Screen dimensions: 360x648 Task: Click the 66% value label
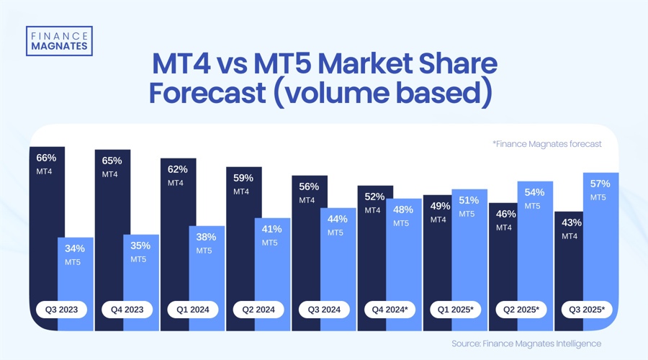tap(45, 157)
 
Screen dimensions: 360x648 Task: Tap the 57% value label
tap(600, 183)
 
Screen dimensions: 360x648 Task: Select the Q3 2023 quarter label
tap(61, 310)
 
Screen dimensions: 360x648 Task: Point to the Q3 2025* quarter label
tap(588, 310)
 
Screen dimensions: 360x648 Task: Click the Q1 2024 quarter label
tap(192, 310)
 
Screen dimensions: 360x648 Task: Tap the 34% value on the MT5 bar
tap(74, 248)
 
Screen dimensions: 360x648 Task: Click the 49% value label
tap(440, 206)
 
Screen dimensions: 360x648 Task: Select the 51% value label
tap(469, 200)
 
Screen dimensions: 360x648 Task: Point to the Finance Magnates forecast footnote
tap(546, 144)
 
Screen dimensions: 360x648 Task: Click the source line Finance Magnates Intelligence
tap(526, 343)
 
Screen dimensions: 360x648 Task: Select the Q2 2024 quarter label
tap(258, 310)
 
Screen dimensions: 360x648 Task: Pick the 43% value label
tap(572, 222)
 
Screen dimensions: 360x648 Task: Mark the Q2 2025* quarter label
tap(522, 310)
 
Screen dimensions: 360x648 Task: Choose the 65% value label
tap(112, 161)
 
